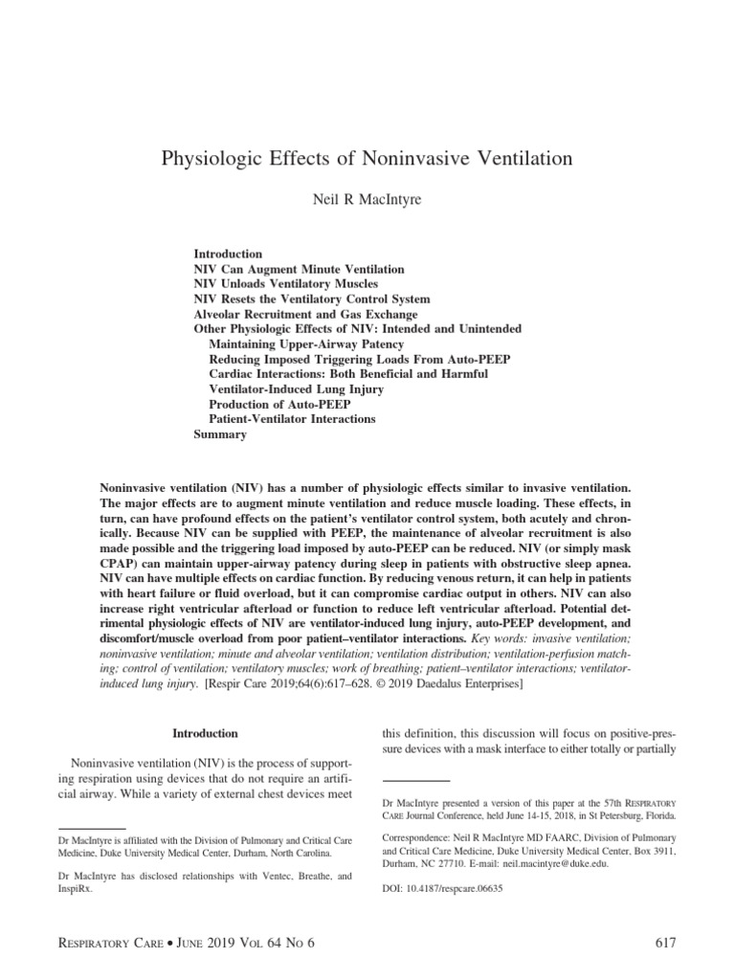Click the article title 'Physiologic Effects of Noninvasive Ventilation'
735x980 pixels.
(x=367, y=159)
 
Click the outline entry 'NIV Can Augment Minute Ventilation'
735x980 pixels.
(x=299, y=270)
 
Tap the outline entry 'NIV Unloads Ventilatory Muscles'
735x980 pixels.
(x=285, y=284)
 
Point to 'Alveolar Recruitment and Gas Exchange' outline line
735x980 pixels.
(x=305, y=314)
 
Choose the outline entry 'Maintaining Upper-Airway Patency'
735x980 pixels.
(x=306, y=344)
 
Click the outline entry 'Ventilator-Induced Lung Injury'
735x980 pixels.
(x=297, y=390)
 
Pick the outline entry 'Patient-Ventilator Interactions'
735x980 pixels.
(x=292, y=419)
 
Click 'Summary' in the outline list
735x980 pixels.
(x=220, y=434)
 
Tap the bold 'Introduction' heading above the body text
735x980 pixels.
(x=205, y=733)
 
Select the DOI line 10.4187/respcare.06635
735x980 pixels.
(x=441, y=887)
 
